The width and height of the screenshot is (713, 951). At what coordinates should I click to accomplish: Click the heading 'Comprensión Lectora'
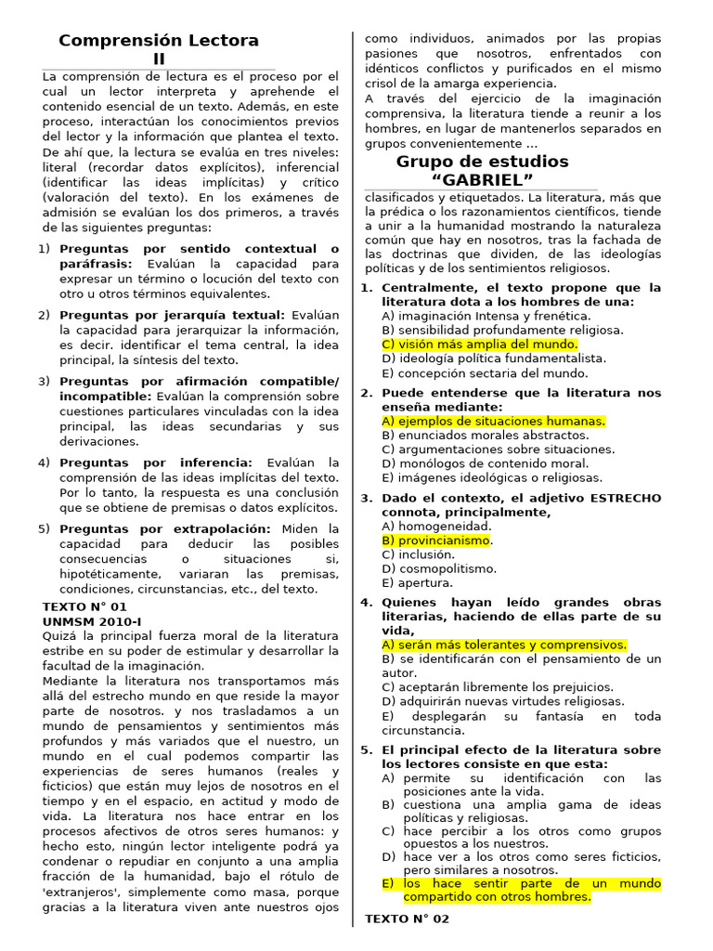coord(159,40)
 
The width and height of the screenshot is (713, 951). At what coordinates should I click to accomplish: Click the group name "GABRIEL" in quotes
coord(482,179)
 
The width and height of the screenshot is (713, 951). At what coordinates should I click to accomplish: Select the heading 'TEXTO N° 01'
coord(84,606)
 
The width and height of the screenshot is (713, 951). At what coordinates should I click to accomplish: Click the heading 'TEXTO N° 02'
coord(407,918)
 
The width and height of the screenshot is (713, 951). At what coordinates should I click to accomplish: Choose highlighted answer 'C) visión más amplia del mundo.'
coord(479,344)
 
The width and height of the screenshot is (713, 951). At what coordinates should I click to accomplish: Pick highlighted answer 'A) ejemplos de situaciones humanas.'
coord(493,421)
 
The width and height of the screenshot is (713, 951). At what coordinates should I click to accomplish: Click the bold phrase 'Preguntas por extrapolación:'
coord(164,528)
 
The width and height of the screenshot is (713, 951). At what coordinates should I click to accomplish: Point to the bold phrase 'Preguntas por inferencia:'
coord(155,462)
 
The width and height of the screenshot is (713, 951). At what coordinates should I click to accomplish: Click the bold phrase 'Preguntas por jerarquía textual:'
coord(172,315)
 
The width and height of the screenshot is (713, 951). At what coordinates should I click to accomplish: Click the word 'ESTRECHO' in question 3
coord(626,498)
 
